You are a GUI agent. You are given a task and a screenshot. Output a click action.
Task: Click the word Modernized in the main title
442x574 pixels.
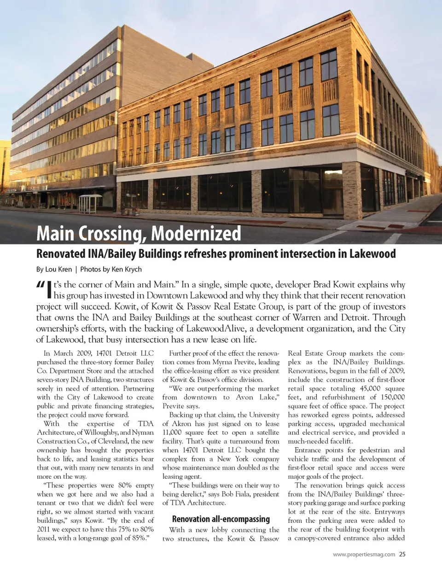click(196, 234)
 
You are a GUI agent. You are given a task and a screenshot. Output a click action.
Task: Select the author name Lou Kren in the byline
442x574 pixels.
click(58, 269)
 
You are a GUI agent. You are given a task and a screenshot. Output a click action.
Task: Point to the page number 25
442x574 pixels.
click(402, 554)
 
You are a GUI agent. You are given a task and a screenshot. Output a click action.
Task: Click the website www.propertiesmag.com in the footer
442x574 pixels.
click(364, 554)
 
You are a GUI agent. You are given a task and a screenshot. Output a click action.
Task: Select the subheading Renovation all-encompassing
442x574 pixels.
click(221, 519)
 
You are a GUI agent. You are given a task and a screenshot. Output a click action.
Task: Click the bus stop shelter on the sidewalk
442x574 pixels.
click(90, 203)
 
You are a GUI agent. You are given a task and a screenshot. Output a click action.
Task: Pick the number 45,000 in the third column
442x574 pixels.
click(370, 388)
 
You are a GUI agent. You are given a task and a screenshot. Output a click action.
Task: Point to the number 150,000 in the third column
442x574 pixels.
click(393, 397)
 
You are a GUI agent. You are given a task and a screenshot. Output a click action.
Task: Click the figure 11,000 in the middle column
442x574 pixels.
click(172, 433)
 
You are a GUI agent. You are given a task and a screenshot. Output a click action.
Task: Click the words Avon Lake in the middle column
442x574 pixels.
click(258, 397)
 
